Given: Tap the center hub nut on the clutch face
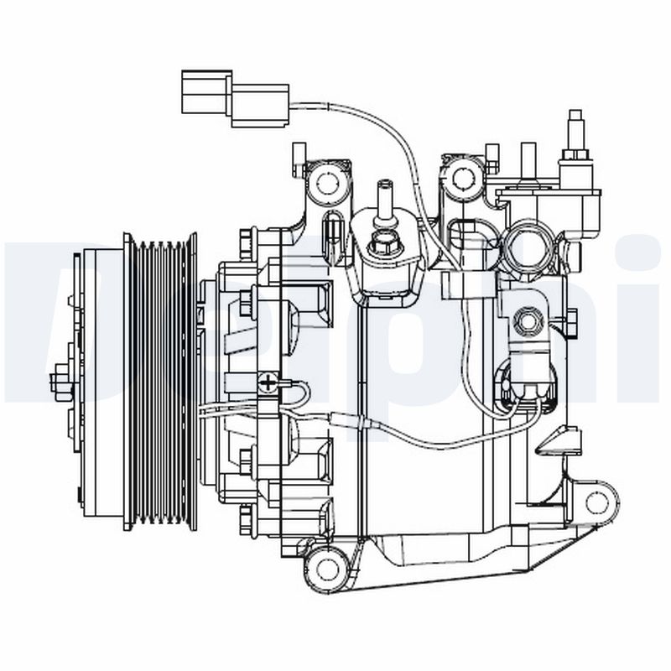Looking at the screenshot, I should [x=60, y=382].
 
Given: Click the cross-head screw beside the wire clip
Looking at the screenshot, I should [x=268, y=382].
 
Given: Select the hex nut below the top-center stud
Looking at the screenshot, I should [x=385, y=244].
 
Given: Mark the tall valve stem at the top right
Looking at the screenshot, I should [x=575, y=138].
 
